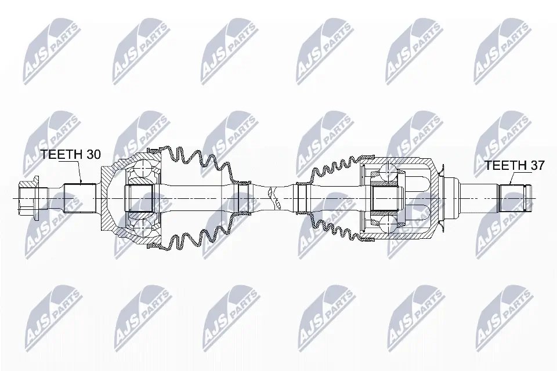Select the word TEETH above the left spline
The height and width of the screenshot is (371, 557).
(61, 154)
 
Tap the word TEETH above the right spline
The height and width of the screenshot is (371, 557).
(505, 165)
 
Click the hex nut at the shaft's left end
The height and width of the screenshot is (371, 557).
(29, 198)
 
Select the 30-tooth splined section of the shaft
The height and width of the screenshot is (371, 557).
(80, 198)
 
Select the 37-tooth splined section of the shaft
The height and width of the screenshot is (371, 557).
(513, 198)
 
